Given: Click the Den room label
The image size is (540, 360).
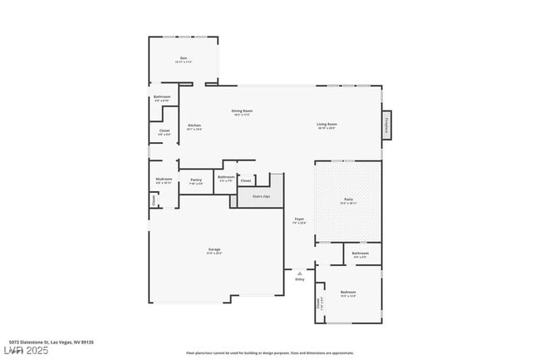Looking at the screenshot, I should click(x=184, y=58).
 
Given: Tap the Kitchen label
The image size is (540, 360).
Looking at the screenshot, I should click(x=194, y=126).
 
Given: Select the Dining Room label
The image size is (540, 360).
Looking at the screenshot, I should click(x=242, y=111).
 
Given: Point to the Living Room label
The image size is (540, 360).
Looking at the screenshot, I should click(x=326, y=125).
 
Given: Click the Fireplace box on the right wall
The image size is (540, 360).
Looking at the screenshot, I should click(x=387, y=125).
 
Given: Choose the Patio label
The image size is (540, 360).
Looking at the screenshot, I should click(x=349, y=200).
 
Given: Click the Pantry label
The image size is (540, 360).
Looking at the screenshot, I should click(x=196, y=180).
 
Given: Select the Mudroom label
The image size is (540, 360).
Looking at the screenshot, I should click(x=164, y=179).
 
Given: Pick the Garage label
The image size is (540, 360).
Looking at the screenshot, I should click(x=214, y=249).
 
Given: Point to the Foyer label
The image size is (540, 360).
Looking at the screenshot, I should click(x=300, y=219).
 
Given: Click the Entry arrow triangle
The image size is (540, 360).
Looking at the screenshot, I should click(x=300, y=272).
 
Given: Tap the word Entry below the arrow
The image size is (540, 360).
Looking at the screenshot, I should click(x=300, y=279).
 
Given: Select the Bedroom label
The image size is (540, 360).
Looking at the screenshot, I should click(x=348, y=292).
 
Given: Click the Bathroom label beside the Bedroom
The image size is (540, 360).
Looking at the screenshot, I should click(x=361, y=254).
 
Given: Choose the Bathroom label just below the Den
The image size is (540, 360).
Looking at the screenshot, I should click(x=162, y=97).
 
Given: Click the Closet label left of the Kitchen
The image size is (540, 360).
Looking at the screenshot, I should click(x=164, y=131).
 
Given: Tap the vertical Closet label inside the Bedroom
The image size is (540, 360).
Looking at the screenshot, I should click(x=319, y=304).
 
